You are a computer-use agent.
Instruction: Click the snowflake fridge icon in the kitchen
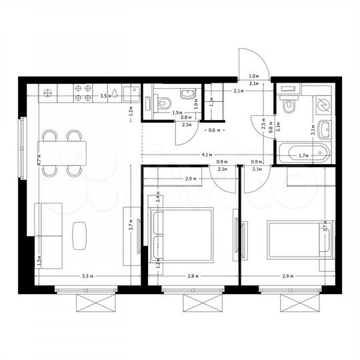tap(48, 93)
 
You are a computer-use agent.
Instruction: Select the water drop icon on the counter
tap(114, 93)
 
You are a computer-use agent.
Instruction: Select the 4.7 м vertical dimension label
tap(40, 160)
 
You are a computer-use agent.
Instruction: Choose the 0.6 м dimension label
tap(213, 130)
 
